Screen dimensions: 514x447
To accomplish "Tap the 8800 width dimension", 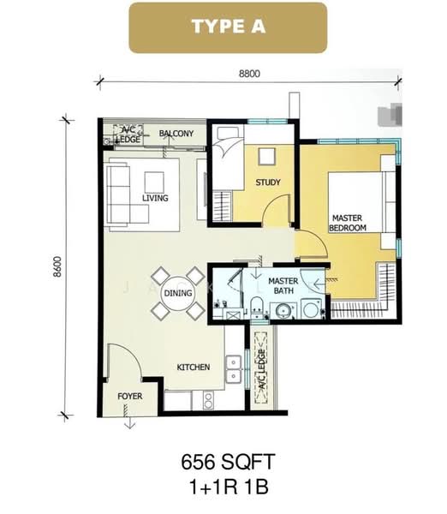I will click(249, 73).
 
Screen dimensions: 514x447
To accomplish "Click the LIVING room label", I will click(155, 198).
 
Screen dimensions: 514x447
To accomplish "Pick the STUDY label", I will click(267, 182).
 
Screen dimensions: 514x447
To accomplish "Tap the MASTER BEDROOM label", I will click(349, 224).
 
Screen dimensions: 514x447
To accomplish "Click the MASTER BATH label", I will click(283, 286).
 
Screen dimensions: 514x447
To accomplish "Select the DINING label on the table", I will click(178, 294).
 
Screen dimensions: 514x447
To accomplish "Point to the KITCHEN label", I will click(193, 368).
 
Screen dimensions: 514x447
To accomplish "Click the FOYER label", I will click(130, 396).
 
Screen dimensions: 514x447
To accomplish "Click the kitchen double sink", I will click(232, 368).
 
